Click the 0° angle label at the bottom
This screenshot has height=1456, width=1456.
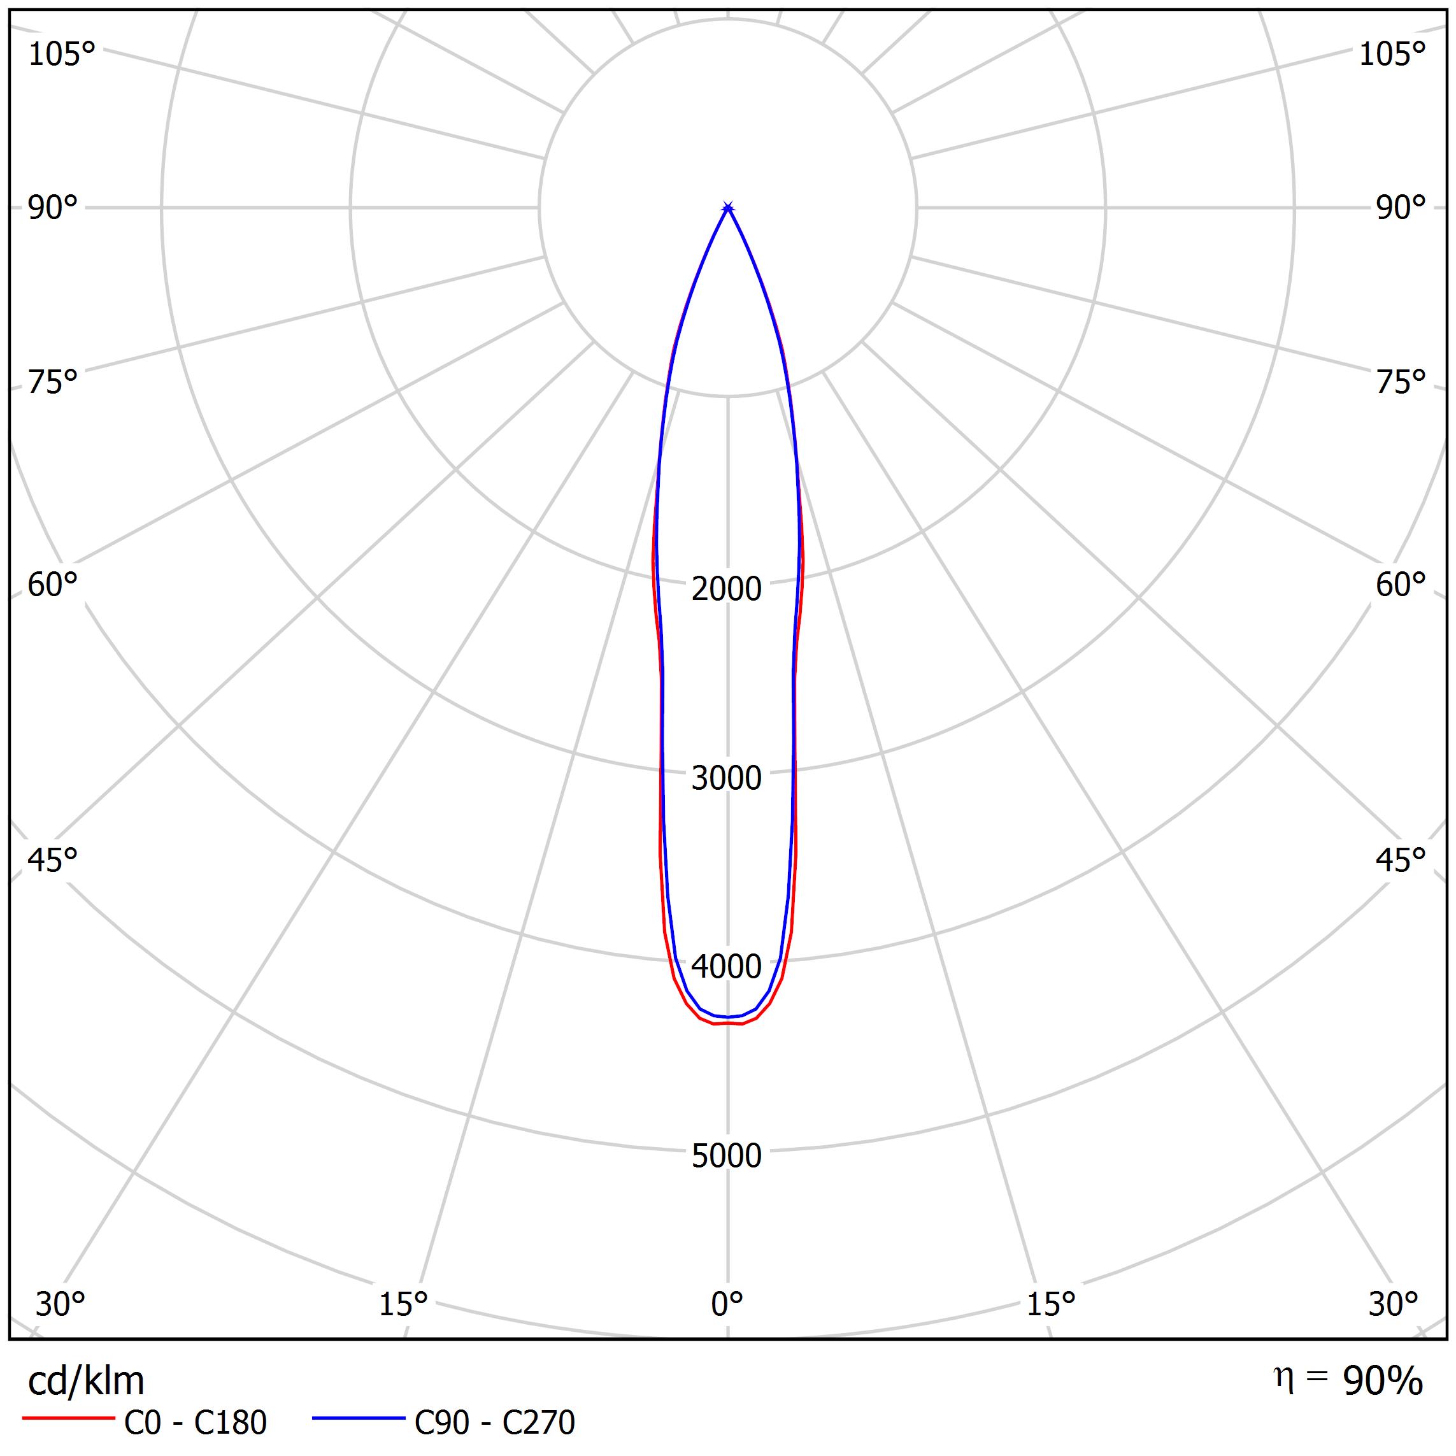727,1303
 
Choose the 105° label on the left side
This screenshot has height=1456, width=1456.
62,54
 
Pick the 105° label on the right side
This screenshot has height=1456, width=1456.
1392,54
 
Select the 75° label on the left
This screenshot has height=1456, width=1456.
53,382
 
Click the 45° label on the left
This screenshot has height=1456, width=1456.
53,860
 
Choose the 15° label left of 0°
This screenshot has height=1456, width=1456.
403,1303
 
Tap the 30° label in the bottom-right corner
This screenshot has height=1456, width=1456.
1394,1303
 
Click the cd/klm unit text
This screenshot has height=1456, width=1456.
86,1381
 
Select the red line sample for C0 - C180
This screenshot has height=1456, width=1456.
68,1419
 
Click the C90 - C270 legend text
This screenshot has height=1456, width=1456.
494,1422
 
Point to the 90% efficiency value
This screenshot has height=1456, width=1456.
1383,1381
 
